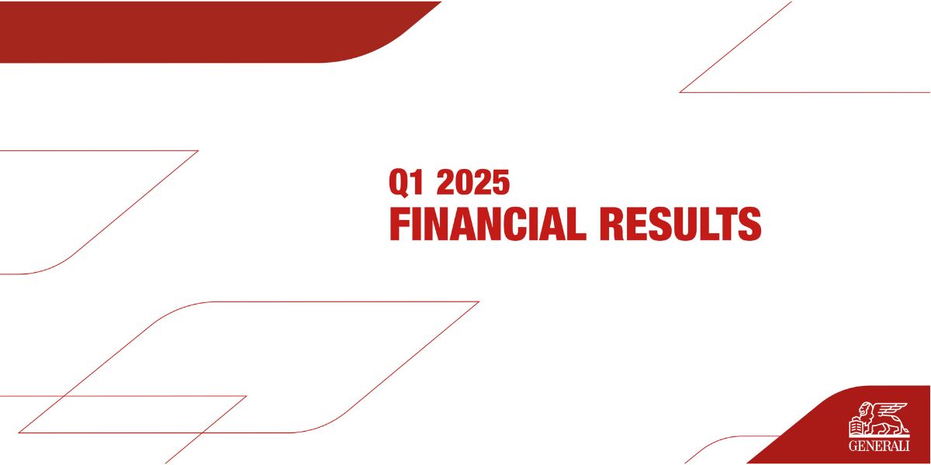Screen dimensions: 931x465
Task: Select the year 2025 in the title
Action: click(x=473, y=182)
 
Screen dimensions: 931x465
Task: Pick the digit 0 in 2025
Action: click(x=464, y=182)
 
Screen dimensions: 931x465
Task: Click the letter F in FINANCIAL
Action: click(x=399, y=224)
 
